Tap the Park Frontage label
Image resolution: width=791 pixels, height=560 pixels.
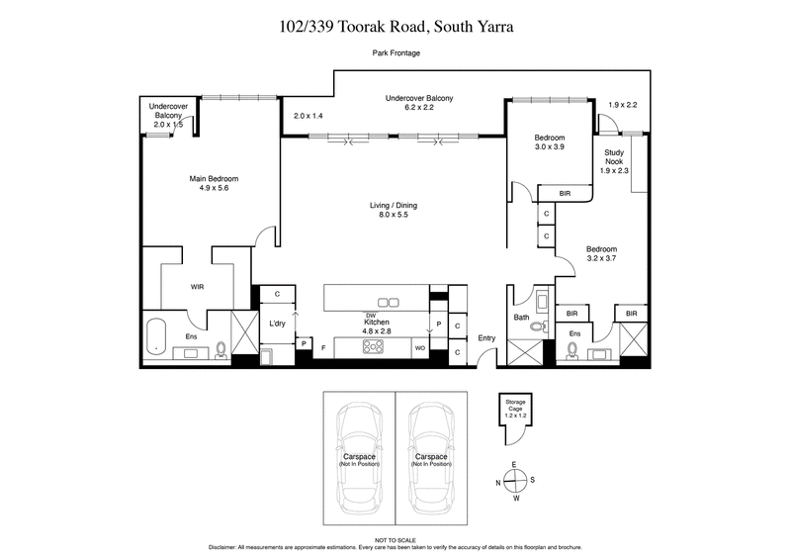(395, 52)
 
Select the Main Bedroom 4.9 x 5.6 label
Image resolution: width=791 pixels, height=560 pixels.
(215, 184)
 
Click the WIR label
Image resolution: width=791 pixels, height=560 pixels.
(197, 287)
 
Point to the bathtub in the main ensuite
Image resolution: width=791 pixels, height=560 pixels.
(157, 337)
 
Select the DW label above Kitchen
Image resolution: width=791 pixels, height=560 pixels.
(370, 315)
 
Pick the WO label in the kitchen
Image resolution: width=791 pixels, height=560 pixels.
(419, 347)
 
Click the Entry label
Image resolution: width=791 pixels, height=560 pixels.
(486, 339)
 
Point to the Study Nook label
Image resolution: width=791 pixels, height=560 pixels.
(614, 160)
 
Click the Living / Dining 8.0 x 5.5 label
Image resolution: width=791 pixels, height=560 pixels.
(396, 210)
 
